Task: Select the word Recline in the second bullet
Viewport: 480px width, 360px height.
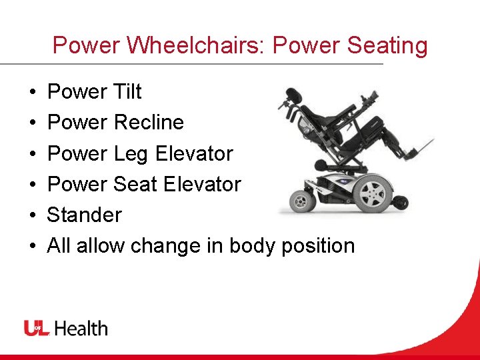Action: (149, 122)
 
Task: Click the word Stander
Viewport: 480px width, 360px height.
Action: (84, 215)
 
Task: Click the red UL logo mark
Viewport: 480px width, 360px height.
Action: (37, 328)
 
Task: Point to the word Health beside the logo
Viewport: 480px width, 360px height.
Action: (81, 328)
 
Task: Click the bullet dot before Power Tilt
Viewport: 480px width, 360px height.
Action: (32, 92)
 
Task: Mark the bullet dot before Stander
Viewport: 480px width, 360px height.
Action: (32, 215)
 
